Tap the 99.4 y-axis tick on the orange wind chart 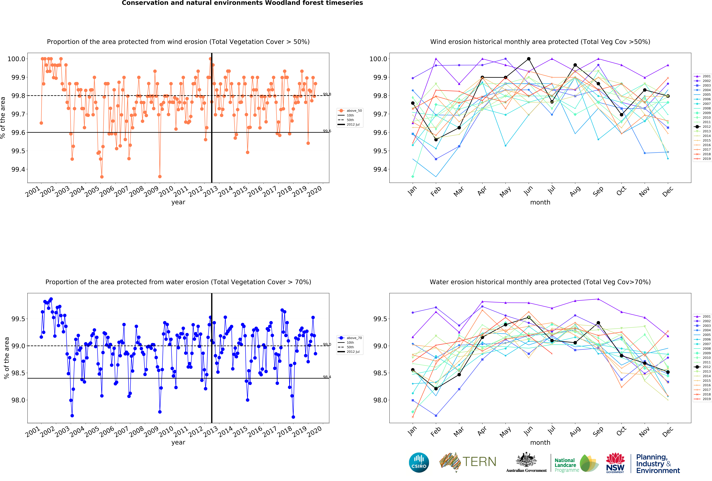[x=18, y=169]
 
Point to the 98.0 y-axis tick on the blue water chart [x=18, y=400]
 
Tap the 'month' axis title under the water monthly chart [x=540, y=442]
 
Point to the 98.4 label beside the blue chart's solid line [x=327, y=377]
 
